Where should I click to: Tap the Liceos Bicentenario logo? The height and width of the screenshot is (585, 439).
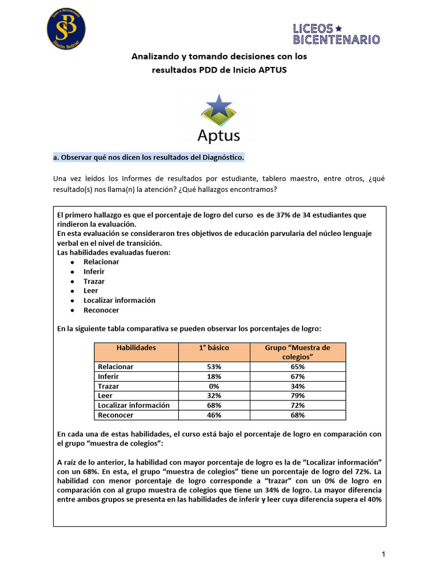click(x=336, y=34)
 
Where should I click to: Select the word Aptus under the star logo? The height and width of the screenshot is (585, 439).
click(x=218, y=135)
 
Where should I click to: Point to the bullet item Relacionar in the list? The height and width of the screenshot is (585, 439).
click(x=101, y=262)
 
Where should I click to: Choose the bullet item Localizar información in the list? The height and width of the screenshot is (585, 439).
click(x=119, y=300)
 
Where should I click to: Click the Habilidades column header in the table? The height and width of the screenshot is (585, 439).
click(x=136, y=347)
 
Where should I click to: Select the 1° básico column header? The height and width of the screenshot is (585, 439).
click(x=214, y=347)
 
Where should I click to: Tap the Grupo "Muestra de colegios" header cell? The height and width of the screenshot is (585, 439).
click(x=297, y=352)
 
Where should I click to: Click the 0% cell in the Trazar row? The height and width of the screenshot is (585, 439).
click(x=214, y=386)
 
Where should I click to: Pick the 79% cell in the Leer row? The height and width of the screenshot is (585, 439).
click(x=297, y=396)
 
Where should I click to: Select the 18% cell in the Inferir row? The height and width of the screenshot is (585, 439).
click(x=214, y=376)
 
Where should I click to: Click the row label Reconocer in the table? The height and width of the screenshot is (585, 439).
click(x=115, y=415)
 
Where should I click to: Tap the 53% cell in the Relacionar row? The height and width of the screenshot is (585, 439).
click(x=214, y=367)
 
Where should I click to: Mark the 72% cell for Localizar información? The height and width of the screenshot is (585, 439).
click(x=297, y=406)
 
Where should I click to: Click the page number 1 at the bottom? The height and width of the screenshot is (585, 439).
click(x=384, y=554)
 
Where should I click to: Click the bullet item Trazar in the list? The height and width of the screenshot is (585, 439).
click(x=94, y=281)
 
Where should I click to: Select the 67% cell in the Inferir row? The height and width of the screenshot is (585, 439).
click(x=297, y=376)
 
